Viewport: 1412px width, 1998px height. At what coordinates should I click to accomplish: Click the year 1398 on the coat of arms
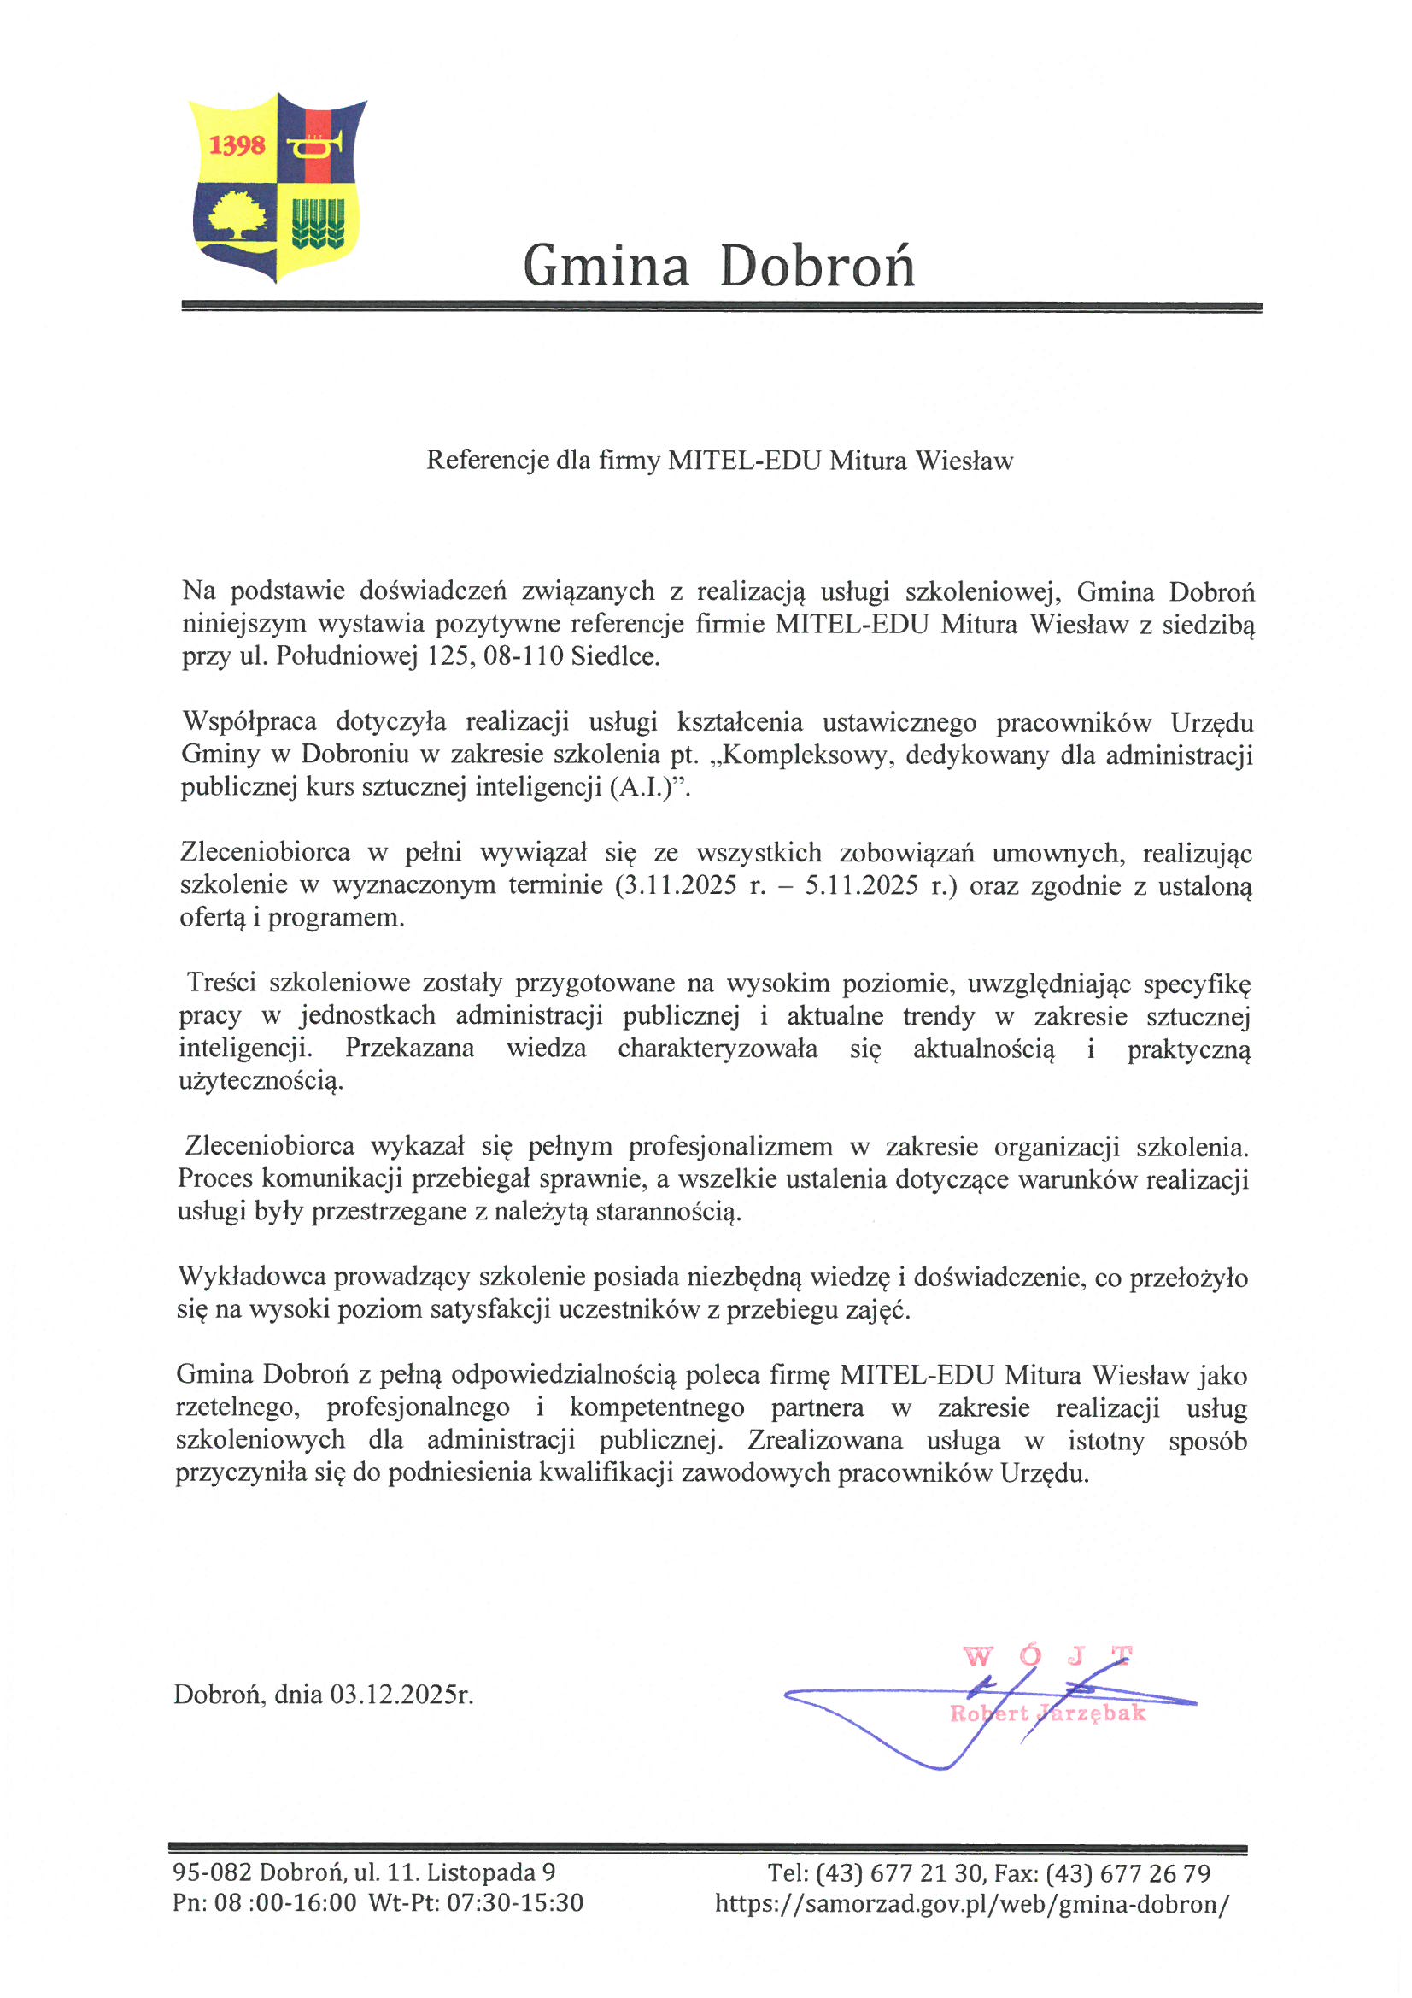237,144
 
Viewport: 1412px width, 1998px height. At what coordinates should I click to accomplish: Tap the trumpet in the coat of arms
316,144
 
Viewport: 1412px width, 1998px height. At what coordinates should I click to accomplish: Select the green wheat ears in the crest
318,223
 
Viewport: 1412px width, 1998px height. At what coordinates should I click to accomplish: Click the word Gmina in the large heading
606,267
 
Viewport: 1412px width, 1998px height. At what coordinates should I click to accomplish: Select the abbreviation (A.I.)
645,788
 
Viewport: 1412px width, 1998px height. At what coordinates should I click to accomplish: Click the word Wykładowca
251,1277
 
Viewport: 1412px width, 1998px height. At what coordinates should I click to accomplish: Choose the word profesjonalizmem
731,1147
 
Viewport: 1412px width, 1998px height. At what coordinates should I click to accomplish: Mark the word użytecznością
261,1082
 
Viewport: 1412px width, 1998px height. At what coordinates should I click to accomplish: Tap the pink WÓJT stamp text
1047,1656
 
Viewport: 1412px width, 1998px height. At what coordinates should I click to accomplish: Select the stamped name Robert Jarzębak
1047,1713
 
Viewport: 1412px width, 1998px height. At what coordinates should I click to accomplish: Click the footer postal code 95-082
211,1872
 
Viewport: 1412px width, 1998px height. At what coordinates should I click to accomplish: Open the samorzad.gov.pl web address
972,1904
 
